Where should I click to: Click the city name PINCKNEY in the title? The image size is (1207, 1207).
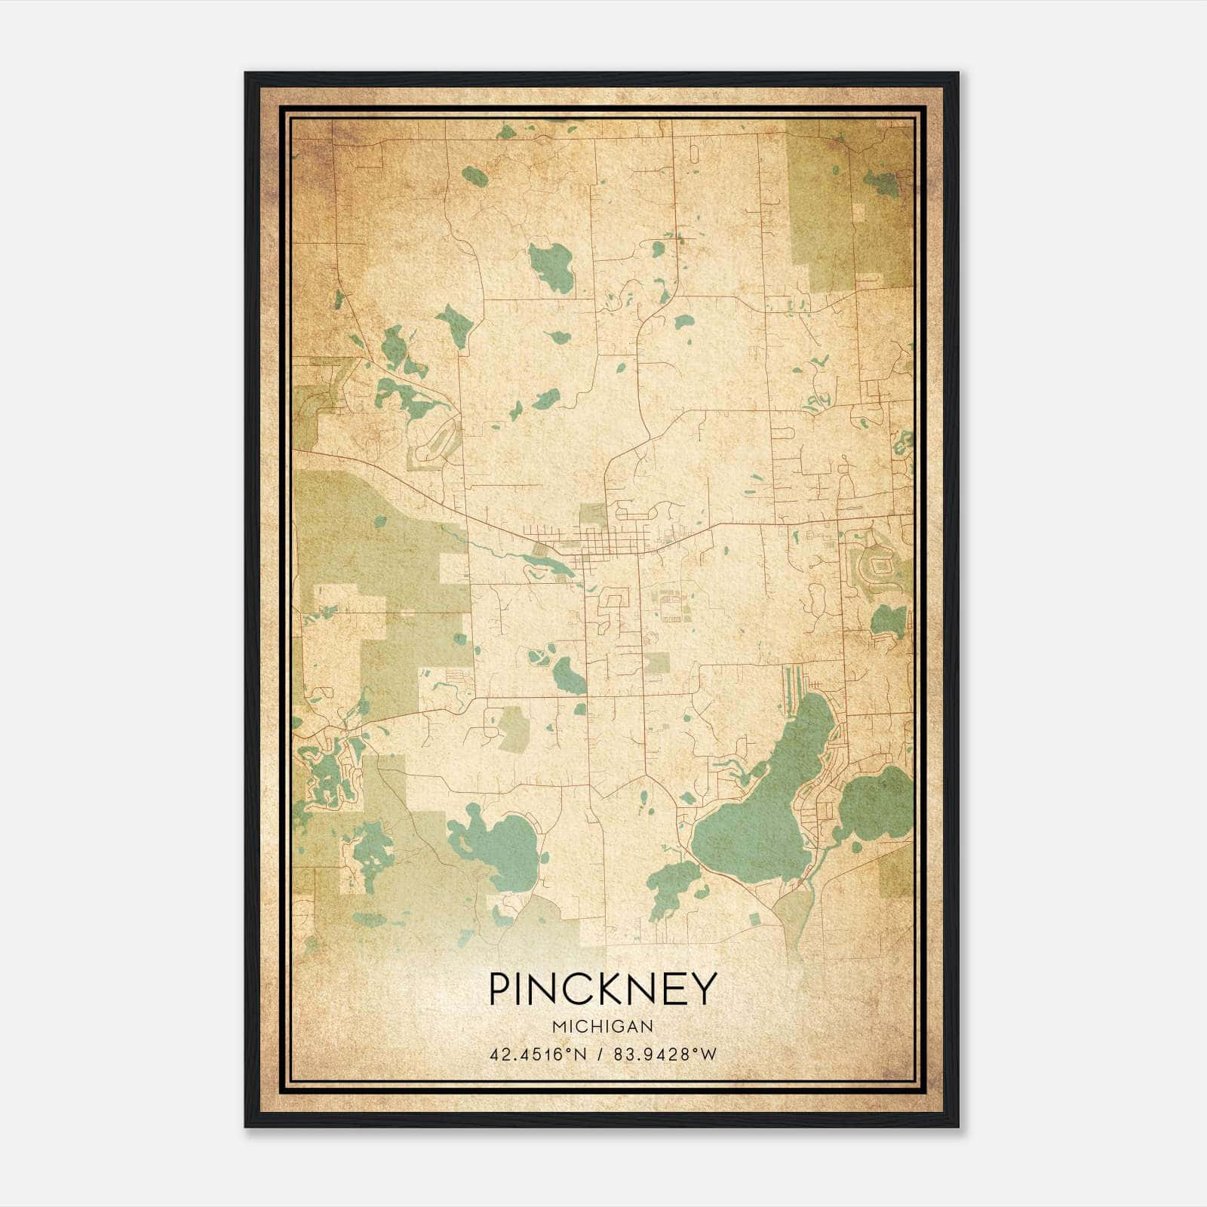[602, 988]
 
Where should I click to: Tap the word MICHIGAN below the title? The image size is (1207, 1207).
[602, 1026]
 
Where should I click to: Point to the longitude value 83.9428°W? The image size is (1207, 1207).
[663, 1054]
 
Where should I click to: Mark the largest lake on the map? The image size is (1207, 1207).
[762, 815]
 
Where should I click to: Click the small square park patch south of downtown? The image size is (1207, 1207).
[657, 662]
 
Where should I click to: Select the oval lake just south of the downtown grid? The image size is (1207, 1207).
[567, 674]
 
